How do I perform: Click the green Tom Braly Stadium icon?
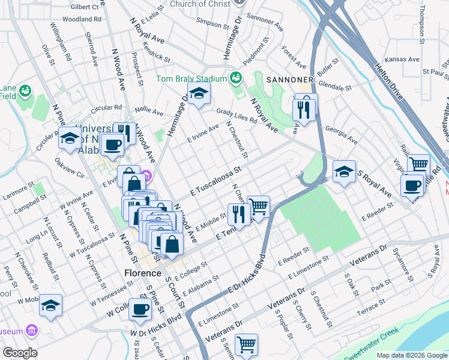click(x=235, y=79)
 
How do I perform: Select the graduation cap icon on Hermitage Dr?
click(x=199, y=94)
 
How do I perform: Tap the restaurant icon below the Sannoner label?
click(x=304, y=108)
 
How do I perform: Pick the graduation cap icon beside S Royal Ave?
click(x=344, y=172)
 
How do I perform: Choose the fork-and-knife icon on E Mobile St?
click(x=239, y=214)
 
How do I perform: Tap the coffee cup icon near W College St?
click(x=140, y=310)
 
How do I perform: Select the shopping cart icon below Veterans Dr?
click(x=246, y=345)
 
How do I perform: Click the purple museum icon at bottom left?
click(x=32, y=331)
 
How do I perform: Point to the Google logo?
click(x=20, y=353)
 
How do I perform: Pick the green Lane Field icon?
click(x=25, y=91)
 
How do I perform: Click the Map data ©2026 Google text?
click(x=411, y=355)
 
